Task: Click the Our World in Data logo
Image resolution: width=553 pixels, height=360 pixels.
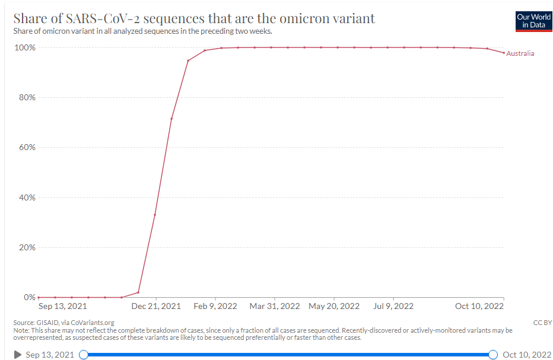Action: pyautogui.click(x=533, y=21)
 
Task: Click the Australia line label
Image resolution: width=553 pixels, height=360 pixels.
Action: pyautogui.click(x=520, y=53)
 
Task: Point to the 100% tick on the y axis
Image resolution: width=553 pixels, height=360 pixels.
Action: pyautogui.click(x=24, y=47)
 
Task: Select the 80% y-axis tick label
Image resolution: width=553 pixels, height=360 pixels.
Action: pyautogui.click(x=26, y=97)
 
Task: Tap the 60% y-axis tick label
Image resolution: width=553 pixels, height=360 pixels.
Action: pyautogui.click(x=26, y=147)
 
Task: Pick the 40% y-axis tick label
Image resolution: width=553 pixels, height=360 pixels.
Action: pyautogui.click(x=26, y=197)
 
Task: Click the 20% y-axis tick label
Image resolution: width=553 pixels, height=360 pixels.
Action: pyautogui.click(x=26, y=247)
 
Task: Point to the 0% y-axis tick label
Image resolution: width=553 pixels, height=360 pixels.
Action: pyautogui.click(x=29, y=297)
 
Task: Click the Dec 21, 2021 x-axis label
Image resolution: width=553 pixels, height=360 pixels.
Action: pyautogui.click(x=155, y=307)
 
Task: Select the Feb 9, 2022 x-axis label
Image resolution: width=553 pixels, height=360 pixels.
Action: pyautogui.click(x=215, y=307)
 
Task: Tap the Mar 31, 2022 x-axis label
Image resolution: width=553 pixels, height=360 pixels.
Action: pyautogui.click(x=275, y=307)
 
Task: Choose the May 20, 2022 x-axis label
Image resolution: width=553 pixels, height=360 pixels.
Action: pyautogui.click(x=334, y=307)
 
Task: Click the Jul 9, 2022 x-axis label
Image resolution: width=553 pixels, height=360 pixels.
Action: pyautogui.click(x=393, y=307)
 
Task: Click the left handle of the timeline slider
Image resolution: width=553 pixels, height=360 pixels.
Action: pyautogui.click(x=84, y=355)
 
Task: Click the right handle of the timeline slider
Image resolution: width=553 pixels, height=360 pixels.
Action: pyautogui.click(x=492, y=355)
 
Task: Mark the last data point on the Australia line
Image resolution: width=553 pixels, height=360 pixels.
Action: pyautogui.click(x=504, y=53)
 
